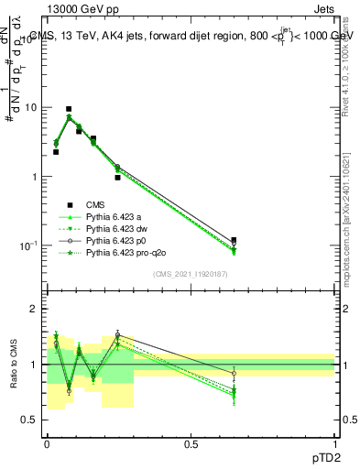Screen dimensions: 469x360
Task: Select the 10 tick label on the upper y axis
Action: pos(29,107)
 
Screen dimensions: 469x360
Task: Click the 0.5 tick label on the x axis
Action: pos(191,446)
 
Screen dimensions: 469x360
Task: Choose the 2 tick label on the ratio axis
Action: pos(34,309)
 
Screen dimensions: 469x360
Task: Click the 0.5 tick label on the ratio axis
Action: pos(30,420)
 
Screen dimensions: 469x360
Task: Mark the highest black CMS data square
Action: pos(69,109)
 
